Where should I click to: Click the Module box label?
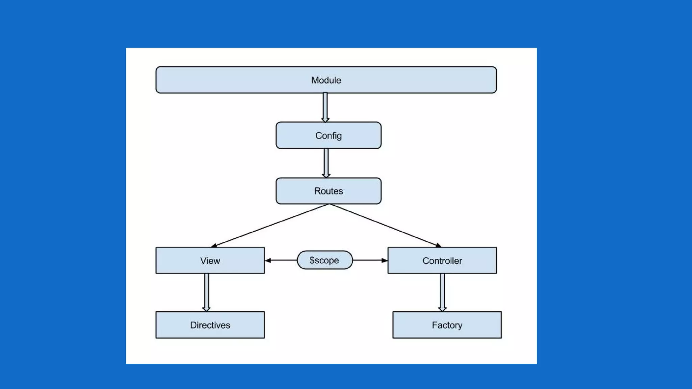326,80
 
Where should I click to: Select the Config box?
328,135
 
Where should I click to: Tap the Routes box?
328,191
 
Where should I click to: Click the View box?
210,260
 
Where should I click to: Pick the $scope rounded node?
325,260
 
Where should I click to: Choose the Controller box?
442,260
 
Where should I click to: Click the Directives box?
210,325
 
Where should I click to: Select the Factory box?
447,325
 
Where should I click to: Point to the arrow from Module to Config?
325,107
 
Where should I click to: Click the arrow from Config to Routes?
326,163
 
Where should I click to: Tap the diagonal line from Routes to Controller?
386,226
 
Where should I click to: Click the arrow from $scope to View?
281,260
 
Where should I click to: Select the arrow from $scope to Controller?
370,260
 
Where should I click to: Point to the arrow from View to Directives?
206,292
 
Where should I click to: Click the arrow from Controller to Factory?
442,292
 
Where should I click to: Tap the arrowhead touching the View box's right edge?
268,260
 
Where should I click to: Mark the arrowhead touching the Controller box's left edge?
385,260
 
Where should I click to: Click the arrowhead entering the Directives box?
206,309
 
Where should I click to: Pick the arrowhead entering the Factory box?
442,309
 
